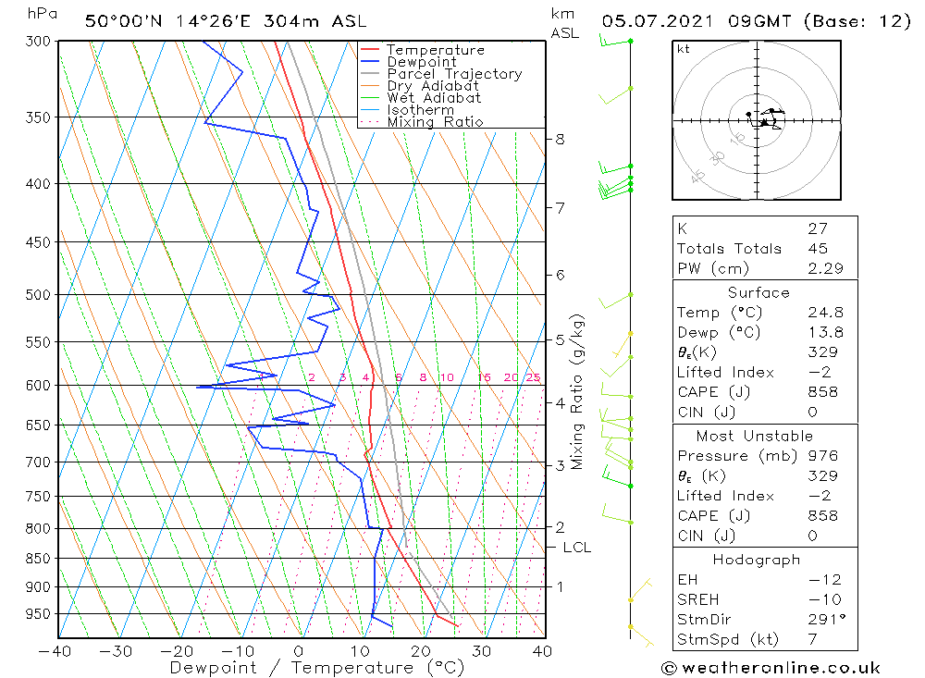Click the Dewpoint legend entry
click(421, 62)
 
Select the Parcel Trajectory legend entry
click(454, 74)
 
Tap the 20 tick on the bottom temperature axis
click(421, 651)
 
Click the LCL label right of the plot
click(576, 548)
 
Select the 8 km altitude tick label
click(560, 140)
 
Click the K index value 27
click(817, 228)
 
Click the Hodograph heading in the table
click(758, 560)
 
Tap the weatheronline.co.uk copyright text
click(771, 668)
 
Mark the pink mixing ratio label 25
click(533, 377)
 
